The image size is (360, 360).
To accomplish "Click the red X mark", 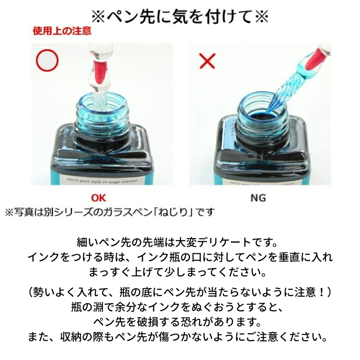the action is pyautogui.click(x=207, y=61).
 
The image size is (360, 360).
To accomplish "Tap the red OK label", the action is pyautogui.click(x=98, y=198).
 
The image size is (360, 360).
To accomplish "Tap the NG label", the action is pyautogui.click(x=258, y=198).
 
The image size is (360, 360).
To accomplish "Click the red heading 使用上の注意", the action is pyautogui.click(x=62, y=31).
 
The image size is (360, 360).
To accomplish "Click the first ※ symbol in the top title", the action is pyautogui.click(x=98, y=17).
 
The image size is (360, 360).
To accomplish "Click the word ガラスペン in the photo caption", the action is pyautogui.click(x=127, y=212).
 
